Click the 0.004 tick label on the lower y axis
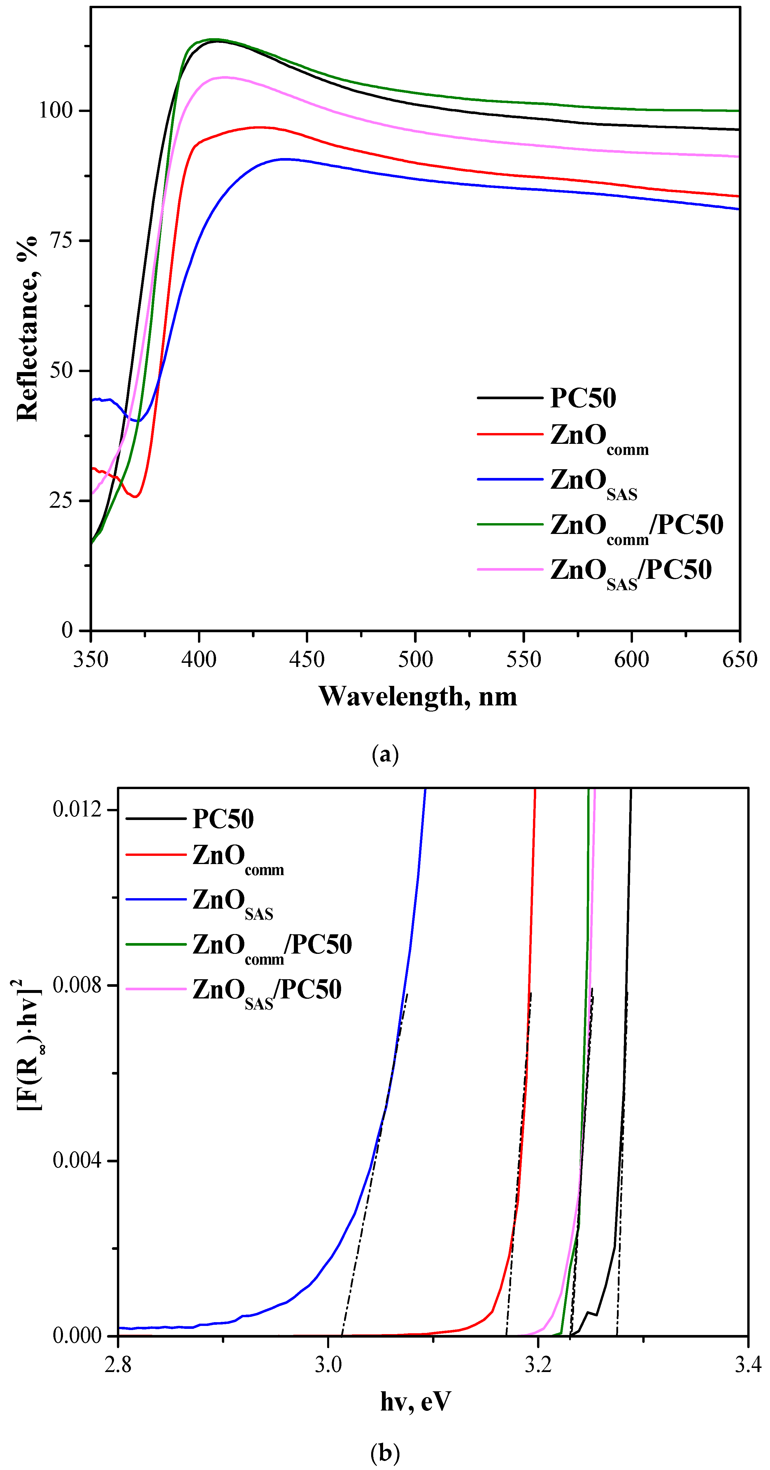(77, 1160)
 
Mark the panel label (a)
(385, 754)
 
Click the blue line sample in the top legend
(509, 479)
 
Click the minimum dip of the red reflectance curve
(135, 497)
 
